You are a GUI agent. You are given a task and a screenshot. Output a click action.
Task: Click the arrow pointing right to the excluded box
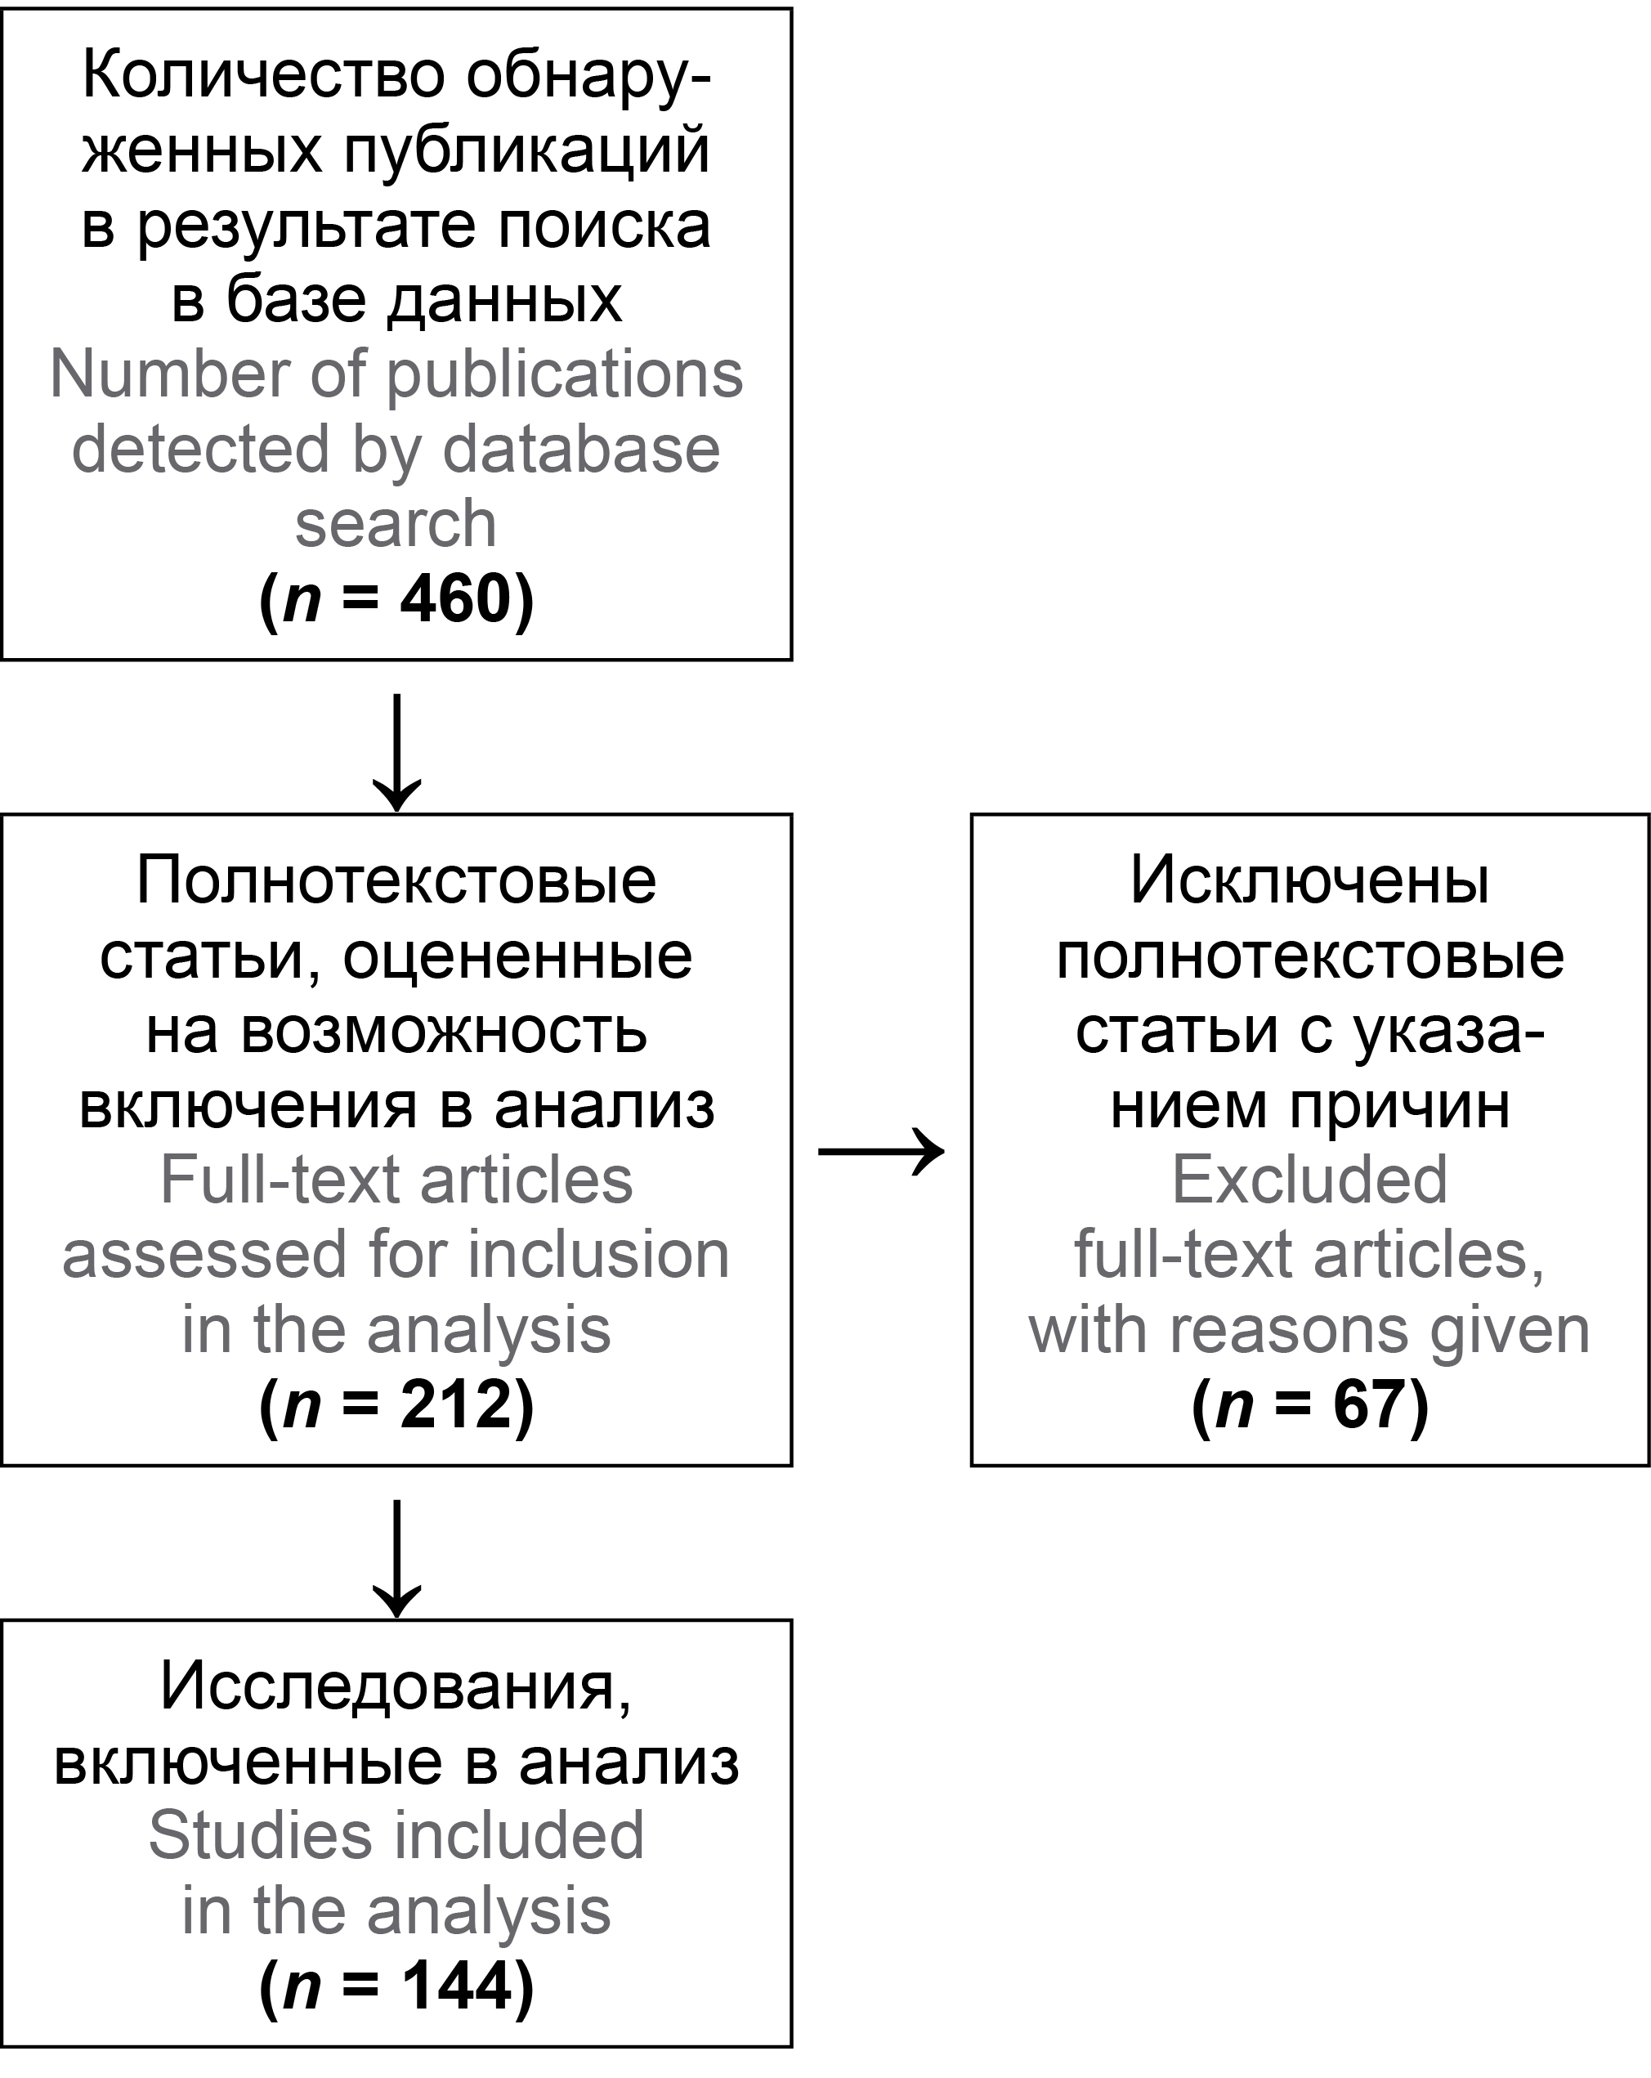pyautogui.click(x=881, y=1150)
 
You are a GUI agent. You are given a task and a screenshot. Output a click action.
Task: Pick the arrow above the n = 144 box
pyautogui.click(x=396, y=1557)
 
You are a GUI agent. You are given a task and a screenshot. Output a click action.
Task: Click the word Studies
pyautogui.click(x=259, y=1836)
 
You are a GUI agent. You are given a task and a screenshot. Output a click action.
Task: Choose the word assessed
pyautogui.click(x=204, y=1255)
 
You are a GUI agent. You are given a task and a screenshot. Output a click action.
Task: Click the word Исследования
pyautogui.click(x=396, y=1686)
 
